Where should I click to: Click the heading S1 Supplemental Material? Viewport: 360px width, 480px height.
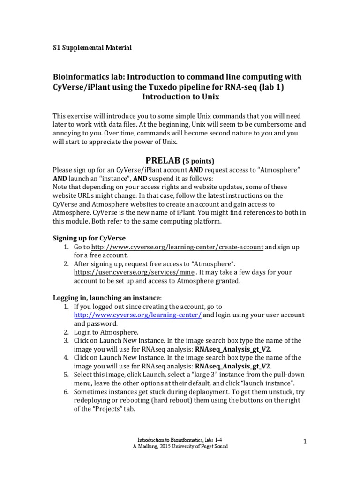tap(92, 48)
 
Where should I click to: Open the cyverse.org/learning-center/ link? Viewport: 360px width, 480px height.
tap(138, 315)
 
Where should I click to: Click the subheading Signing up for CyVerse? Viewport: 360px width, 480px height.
tap(89, 238)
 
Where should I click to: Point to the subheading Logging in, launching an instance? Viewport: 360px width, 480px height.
tap(106, 298)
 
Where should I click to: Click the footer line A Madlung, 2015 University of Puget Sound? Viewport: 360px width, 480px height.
tap(180, 446)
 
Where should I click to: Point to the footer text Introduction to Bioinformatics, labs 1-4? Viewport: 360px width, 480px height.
tap(180, 440)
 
